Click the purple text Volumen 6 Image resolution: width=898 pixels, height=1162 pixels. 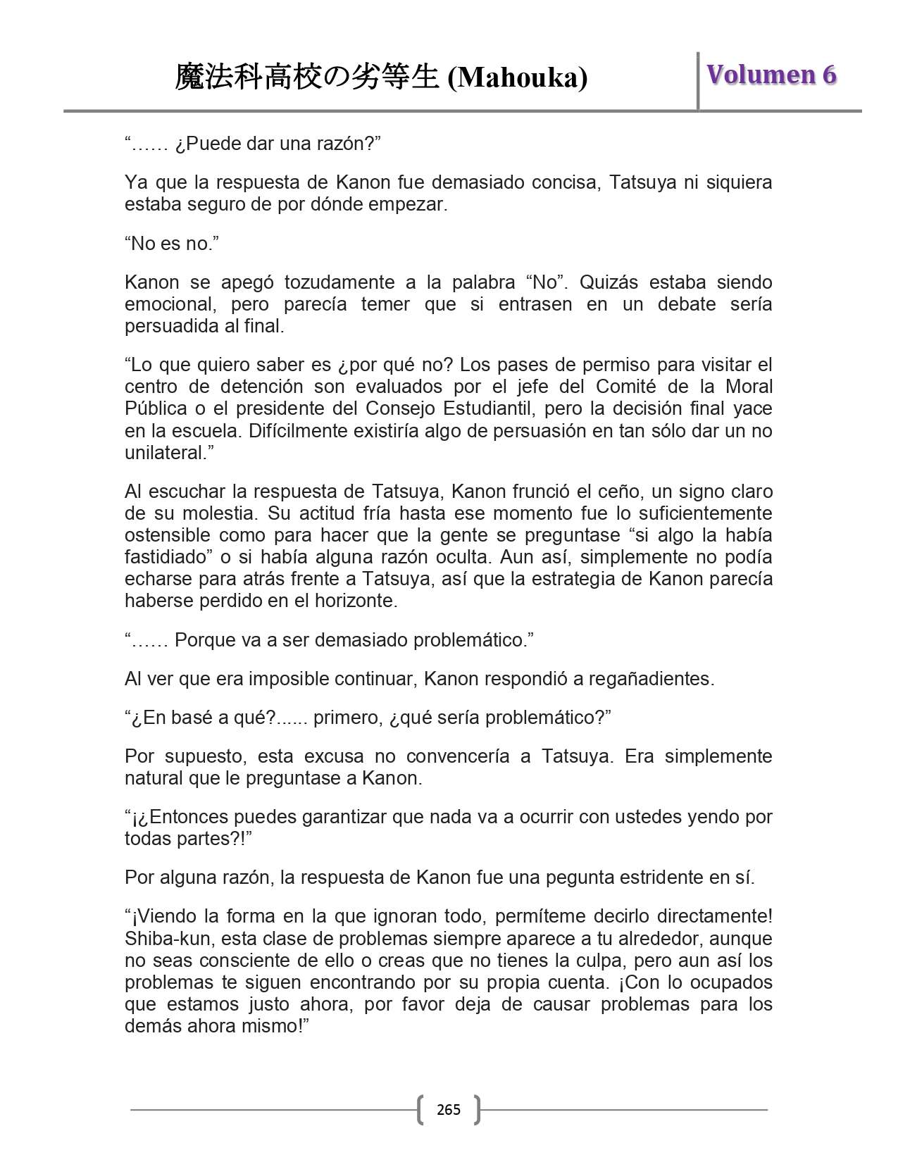[x=771, y=75]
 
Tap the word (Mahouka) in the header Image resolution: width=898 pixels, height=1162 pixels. [x=518, y=77]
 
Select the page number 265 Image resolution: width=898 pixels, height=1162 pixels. [x=449, y=1110]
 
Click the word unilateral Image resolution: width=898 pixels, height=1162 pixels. [x=165, y=452]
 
